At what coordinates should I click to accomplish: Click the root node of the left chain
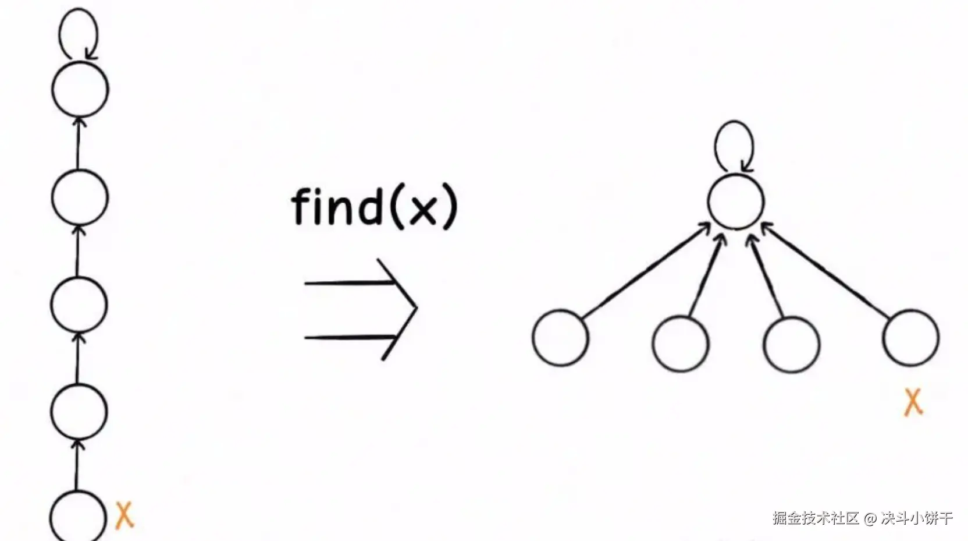[x=80, y=90]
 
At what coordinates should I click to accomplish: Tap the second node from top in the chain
[x=80, y=197]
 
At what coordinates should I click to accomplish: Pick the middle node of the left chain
[x=79, y=305]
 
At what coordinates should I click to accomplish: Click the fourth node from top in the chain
[x=79, y=411]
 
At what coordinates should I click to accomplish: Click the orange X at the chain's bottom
[x=124, y=515]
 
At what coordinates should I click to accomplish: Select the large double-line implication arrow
[x=361, y=309]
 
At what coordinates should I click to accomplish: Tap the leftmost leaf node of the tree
[x=560, y=338]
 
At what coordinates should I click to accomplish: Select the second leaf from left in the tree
[x=680, y=343]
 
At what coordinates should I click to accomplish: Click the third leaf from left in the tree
[x=792, y=343]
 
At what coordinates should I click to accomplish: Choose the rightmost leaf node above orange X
[x=910, y=338]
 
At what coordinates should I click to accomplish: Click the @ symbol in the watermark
[x=870, y=518]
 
